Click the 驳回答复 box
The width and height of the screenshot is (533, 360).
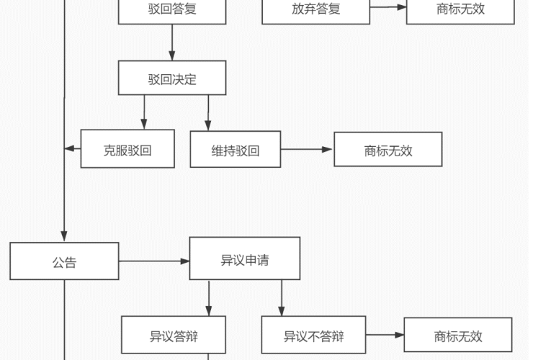[x=172, y=10]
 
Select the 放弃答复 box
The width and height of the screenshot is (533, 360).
[x=315, y=10]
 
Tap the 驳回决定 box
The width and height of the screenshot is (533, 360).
[x=172, y=78]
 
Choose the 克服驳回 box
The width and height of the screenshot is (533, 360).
[x=127, y=149]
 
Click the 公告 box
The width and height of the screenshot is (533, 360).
[x=64, y=261]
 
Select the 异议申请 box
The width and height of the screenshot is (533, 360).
[x=245, y=258]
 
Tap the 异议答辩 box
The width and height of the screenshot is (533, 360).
[x=174, y=336]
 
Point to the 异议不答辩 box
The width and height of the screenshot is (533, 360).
[x=313, y=336]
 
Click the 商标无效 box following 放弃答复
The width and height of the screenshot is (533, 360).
[x=460, y=10]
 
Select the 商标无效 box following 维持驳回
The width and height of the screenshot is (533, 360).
[x=388, y=149]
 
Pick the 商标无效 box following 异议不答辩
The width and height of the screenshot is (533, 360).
[x=458, y=336]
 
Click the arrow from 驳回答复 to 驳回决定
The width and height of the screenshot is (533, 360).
[x=172, y=42]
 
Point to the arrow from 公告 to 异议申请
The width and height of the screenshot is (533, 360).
[x=154, y=261]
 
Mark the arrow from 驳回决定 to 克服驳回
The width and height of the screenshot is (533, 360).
[x=144, y=112]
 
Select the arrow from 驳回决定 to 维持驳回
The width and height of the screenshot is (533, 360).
[x=209, y=112]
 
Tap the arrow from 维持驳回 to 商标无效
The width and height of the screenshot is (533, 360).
[x=307, y=150]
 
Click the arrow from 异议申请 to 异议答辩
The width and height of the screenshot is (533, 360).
[x=209, y=297]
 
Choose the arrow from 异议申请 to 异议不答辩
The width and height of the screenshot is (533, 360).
[x=281, y=297]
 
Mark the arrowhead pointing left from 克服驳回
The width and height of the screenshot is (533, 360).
[x=70, y=148]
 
